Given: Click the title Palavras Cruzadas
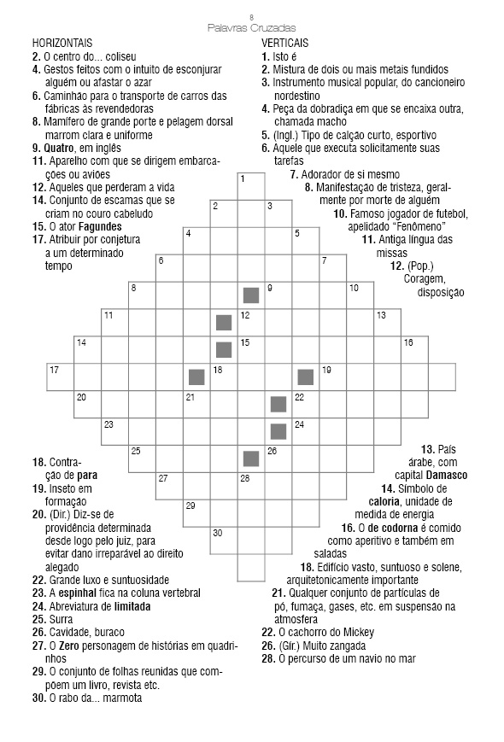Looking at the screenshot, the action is coord(251,27).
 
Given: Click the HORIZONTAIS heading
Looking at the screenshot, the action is coord(62,43).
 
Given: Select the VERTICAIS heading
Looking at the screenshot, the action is coord(285,43).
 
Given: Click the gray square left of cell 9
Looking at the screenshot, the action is coord(251,295).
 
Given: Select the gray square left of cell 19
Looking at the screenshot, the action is coord(306,377).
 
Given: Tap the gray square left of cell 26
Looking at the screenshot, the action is coord(251,459).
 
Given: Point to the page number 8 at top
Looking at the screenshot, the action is coord(251,16).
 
